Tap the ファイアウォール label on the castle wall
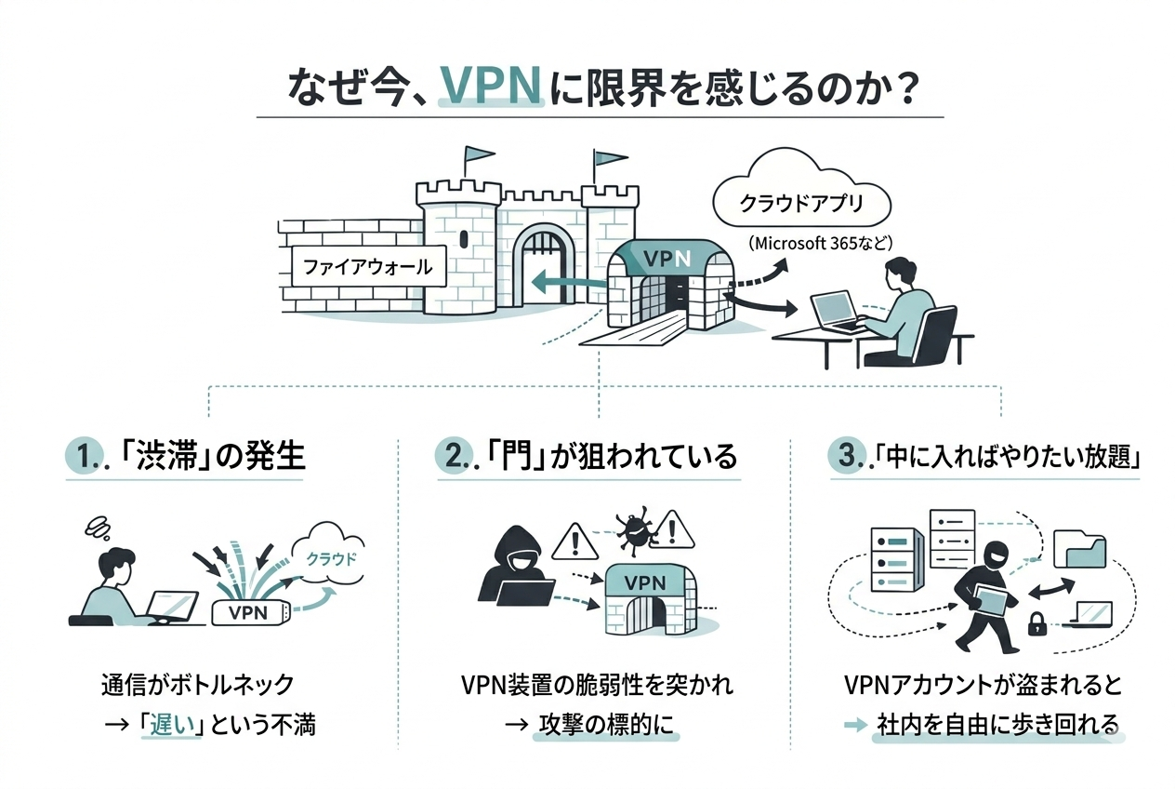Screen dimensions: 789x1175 click(x=368, y=267)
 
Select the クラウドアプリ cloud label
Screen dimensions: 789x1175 click(x=801, y=202)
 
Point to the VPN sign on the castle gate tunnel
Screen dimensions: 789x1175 click(x=668, y=260)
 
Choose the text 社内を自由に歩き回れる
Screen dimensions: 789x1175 click(x=997, y=724)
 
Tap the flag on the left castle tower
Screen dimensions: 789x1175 click(x=480, y=155)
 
